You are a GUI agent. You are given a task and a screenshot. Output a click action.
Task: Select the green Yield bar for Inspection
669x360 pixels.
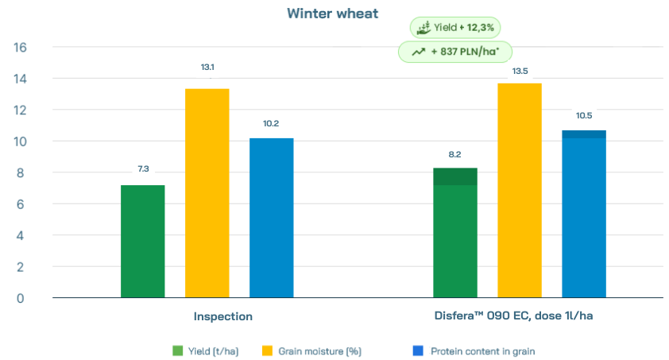[142, 242]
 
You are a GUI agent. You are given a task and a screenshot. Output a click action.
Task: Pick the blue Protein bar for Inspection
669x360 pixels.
[271, 218]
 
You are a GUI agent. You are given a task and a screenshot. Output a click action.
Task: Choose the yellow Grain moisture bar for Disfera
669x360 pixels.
[520, 191]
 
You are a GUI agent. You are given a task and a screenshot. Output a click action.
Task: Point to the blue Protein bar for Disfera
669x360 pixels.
[584, 215]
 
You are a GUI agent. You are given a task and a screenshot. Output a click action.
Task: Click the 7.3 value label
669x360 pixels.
[143, 168]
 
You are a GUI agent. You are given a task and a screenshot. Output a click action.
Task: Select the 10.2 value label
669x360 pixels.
[271, 123]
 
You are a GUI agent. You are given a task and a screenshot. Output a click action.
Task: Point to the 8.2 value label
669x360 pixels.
[455, 154]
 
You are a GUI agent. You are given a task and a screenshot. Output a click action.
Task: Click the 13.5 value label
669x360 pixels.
[520, 71]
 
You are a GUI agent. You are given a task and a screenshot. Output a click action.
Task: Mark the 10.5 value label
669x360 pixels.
[584, 115]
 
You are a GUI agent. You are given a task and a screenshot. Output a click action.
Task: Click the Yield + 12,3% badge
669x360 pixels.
[455, 28]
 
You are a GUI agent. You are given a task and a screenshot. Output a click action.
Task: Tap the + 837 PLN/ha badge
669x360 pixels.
[454, 52]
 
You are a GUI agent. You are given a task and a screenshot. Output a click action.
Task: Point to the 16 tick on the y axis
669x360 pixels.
[21, 48]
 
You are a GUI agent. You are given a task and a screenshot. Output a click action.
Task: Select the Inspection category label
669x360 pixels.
[223, 316]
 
